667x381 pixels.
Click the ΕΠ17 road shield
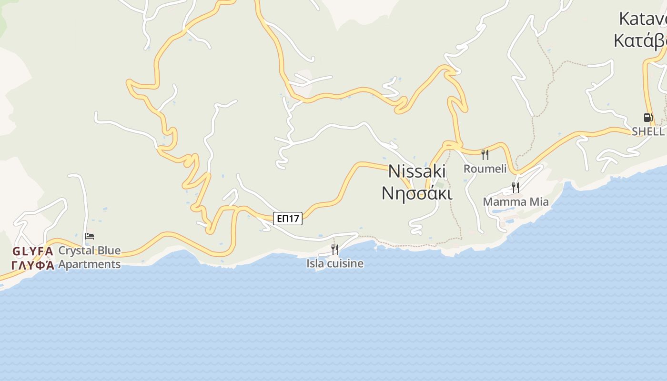coord(288,219)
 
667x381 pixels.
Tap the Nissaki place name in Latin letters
coord(417,171)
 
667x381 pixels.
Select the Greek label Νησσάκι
coord(417,193)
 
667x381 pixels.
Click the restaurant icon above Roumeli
coord(485,154)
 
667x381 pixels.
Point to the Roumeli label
coord(485,169)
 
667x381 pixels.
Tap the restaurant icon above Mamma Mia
coord(515,187)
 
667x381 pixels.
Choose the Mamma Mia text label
coord(515,201)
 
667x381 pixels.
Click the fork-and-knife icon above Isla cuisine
coord(335,249)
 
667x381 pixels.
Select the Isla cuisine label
coord(335,263)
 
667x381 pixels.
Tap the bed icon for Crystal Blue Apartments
coord(90,236)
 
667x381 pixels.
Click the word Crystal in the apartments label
coord(76,251)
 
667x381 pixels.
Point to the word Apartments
coord(90,264)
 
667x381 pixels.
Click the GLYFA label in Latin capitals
coord(32,251)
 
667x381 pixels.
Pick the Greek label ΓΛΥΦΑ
coord(32,265)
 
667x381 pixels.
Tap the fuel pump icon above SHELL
coord(647,118)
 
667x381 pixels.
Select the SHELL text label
coord(648,131)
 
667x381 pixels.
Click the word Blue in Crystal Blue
coord(109,251)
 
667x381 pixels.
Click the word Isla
coord(315,263)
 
